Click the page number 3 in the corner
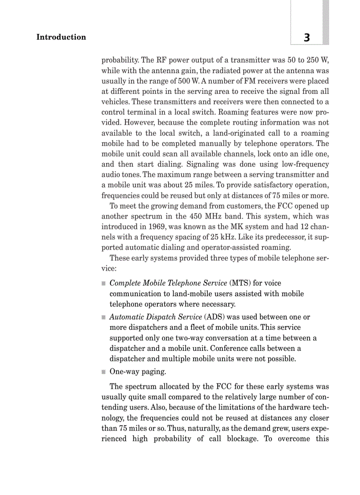(x=307, y=38)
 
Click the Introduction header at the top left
(x=61, y=37)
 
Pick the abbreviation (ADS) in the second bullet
(x=213, y=317)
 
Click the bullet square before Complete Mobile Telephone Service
(x=104, y=283)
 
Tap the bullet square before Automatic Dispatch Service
(x=104, y=317)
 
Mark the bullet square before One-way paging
(x=104, y=372)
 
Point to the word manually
(x=197, y=144)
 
